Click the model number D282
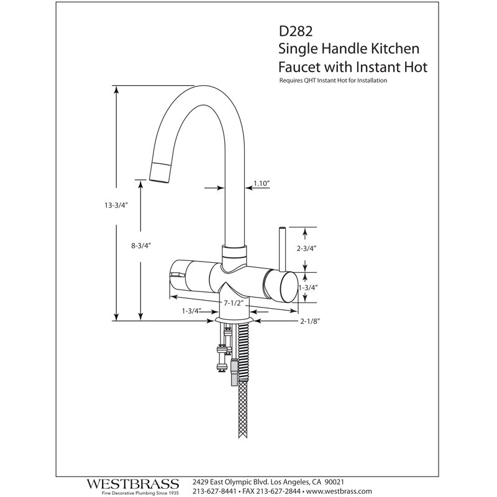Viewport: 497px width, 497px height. (296, 31)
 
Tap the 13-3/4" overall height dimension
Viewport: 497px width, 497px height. (116, 206)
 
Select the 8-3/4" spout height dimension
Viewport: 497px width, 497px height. (141, 245)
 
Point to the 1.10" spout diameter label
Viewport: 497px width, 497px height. (262, 183)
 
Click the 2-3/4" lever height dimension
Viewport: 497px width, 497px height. (307, 248)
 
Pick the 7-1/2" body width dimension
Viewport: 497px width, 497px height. (234, 303)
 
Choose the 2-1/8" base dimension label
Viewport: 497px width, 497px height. (310, 321)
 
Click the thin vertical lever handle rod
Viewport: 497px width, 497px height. (282, 250)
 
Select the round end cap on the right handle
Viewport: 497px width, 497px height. (289, 287)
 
